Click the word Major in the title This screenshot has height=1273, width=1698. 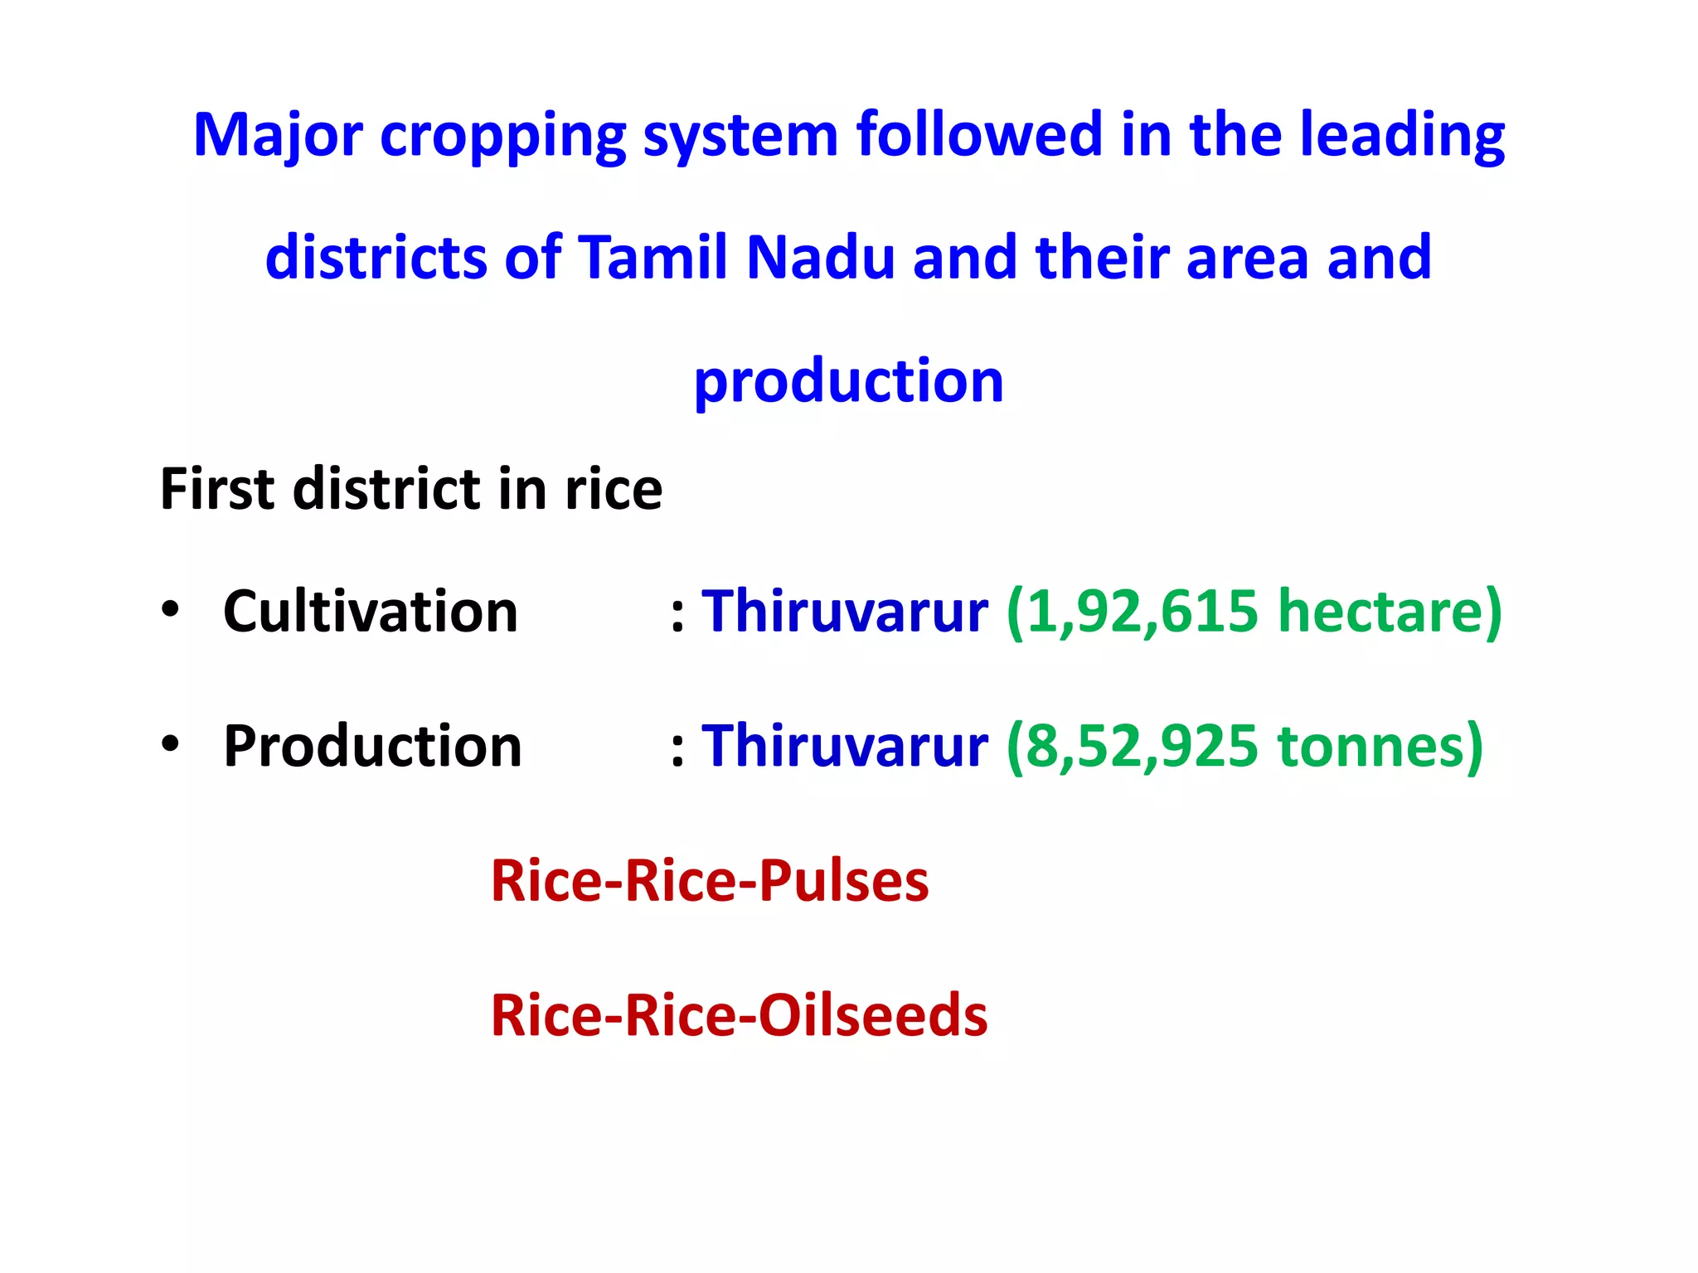click(278, 135)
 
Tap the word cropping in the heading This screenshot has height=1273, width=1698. click(502, 137)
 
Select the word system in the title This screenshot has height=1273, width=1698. click(740, 137)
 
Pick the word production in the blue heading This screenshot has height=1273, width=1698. click(848, 382)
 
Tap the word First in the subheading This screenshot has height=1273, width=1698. click(217, 489)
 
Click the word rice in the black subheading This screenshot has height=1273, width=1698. click(614, 489)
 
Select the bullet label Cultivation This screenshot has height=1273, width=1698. click(371, 612)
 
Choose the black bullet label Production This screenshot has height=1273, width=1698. click(372, 746)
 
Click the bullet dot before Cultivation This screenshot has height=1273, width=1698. click(171, 610)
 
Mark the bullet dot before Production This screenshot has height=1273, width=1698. click(171, 743)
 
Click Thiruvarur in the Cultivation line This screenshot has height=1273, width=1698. click(845, 612)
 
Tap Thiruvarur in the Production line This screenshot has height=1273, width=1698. click(845, 746)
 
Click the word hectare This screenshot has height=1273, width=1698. click(1379, 612)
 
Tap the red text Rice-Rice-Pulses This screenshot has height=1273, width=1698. click(710, 880)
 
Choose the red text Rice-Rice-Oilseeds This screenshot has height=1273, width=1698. click(739, 1015)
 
